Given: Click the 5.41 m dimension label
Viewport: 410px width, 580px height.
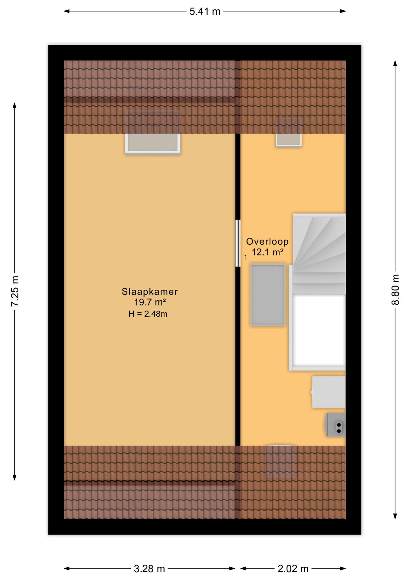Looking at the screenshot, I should click(205, 12).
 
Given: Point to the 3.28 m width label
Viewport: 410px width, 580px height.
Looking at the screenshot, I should click(149, 569).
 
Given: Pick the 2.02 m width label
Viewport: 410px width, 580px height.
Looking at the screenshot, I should click(293, 569).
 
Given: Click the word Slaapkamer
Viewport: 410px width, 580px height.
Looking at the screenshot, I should click(149, 292).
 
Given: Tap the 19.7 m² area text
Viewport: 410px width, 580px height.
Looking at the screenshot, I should click(150, 302).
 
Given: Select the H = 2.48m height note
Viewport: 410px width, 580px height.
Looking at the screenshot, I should click(148, 314).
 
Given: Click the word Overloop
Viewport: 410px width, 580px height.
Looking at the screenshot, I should click(267, 241).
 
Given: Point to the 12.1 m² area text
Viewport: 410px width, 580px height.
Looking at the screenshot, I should click(267, 252).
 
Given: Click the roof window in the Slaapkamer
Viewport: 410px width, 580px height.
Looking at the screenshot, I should click(153, 143).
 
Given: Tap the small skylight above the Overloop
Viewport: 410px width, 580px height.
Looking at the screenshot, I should click(289, 139).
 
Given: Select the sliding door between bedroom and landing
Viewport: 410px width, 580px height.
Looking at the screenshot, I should click(238, 243).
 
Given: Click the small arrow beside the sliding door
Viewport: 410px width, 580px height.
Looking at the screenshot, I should click(245, 257).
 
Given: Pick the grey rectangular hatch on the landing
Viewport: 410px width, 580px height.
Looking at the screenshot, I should click(268, 295).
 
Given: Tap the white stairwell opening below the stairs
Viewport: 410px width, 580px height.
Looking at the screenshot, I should click(319, 331).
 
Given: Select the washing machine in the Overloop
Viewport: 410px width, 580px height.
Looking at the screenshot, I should click(328, 392).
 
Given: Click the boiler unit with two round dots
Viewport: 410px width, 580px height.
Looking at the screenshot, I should click(336, 425).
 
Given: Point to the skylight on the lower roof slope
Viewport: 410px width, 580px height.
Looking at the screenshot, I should click(281, 462).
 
